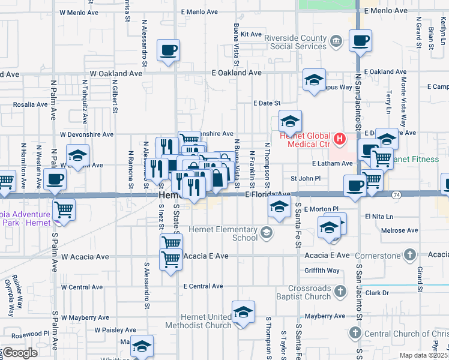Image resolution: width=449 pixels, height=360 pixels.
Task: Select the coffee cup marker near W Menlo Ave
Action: [169, 50]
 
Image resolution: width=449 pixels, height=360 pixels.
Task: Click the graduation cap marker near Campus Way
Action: [314, 80]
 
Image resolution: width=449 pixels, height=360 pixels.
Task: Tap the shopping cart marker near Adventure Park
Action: [64, 210]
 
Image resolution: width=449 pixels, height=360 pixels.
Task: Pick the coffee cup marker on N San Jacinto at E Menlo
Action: [360, 41]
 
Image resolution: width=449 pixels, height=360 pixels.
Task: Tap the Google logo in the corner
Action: [19, 353]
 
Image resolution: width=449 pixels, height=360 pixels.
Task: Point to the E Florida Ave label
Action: [268, 194]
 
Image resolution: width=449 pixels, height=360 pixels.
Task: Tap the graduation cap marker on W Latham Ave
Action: [77, 155]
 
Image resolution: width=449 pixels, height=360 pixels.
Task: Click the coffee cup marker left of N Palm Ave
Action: [55, 179]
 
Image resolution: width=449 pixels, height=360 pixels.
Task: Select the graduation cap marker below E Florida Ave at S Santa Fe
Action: [278, 208]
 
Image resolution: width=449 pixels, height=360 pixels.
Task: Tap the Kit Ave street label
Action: [252, 34]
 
